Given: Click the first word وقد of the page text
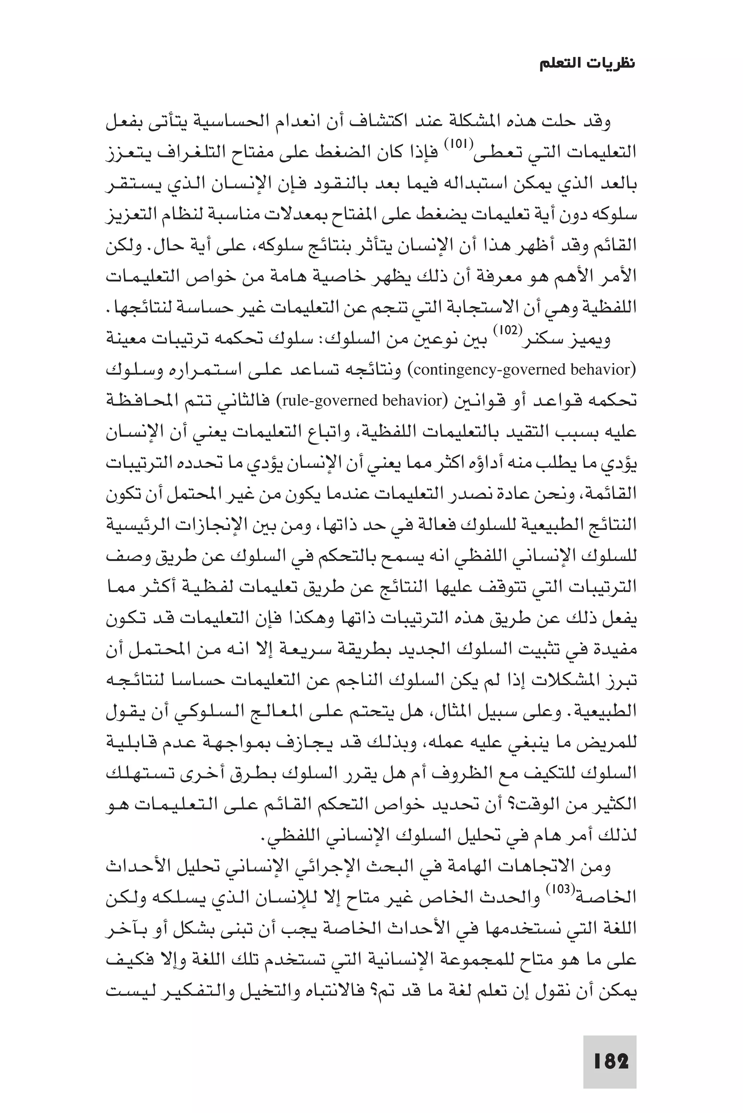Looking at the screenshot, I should tap(600, 122).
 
